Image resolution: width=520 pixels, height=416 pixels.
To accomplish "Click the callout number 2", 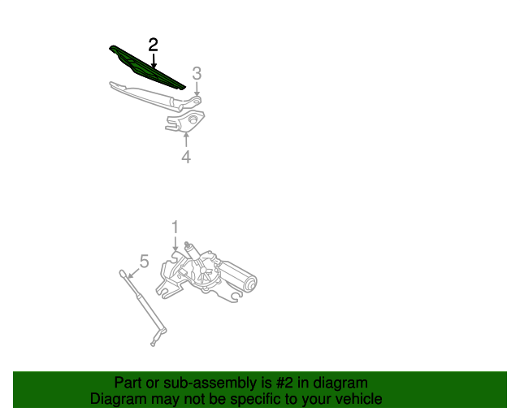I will pyautogui.click(x=153, y=45).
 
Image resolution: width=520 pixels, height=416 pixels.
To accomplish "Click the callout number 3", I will pyautogui.click(x=196, y=74).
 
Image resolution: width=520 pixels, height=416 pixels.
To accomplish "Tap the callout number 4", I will pyautogui.click(x=186, y=157).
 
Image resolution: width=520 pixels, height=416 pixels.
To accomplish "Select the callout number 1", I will pyautogui.click(x=174, y=227).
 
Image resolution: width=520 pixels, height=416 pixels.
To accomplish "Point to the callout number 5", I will pyautogui.click(x=144, y=261).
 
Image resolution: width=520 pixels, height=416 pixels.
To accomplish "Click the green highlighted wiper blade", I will pyautogui.click(x=146, y=67).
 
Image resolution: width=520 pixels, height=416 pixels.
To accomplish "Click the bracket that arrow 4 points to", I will pyautogui.click(x=184, y=122).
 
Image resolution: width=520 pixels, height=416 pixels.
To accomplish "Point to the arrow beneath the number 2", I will pyautogui.click(x=153, y=59).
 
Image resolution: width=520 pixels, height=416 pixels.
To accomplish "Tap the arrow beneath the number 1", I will pyautogui.click(x=174, y=243).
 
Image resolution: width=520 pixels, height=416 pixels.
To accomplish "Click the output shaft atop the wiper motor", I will pyautogui.click(x=188, y=245).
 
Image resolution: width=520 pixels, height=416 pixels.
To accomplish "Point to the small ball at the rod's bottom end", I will pyautogui.click(x=152, y=344).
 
